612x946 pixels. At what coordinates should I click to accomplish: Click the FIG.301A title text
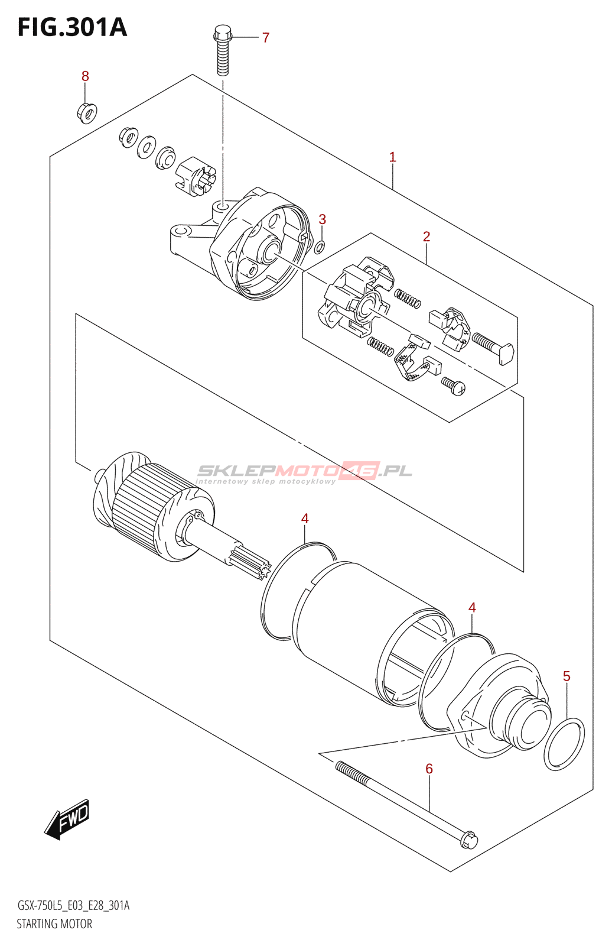[72, 27]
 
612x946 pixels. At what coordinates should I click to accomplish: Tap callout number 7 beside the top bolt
[266, 38]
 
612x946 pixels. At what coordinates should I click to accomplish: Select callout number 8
[85, 76]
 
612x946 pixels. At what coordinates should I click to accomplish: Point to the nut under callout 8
[87, 112]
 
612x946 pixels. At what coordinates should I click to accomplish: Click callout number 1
[392, 157]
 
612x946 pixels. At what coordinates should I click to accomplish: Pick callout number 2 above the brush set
[427, 237]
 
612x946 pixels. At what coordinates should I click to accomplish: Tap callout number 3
[322, 219]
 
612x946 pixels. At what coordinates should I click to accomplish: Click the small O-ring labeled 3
[320, 247]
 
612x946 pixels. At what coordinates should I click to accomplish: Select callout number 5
[567, 676]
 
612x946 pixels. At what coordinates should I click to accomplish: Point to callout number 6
[429, 769]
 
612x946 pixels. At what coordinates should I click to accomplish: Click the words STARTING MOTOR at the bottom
[54, 924]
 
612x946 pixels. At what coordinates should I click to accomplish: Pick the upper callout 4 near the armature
[305, 519]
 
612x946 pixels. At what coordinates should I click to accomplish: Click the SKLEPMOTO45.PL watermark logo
[304, 471]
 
